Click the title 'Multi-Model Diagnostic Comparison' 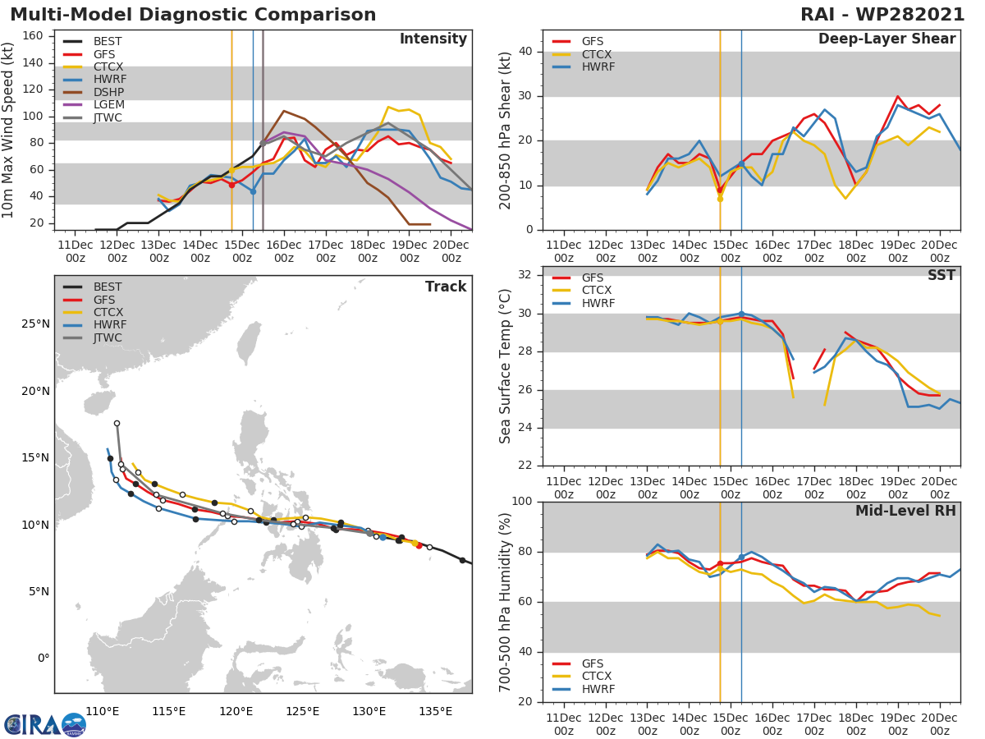(x=193, y=15)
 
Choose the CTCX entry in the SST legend (x=597, y=291)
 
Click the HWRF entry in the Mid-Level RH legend (x=597, y=689)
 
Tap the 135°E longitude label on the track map (x=435, y=711)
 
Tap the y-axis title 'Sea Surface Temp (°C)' (x=505, y=366)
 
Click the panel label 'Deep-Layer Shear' (x=886, y=39)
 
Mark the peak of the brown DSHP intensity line (x=284, y=111)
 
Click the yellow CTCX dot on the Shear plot (x=720, y=199)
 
